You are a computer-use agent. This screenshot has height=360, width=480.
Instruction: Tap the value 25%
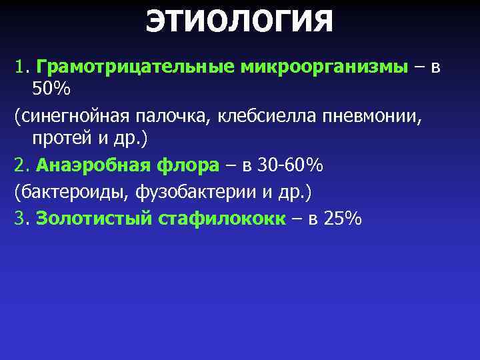[341, 218]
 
